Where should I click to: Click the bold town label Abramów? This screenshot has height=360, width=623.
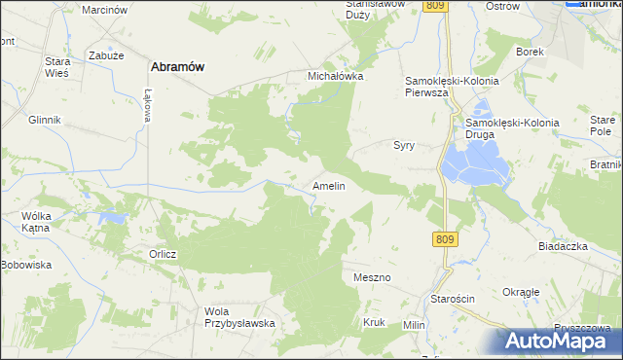coord(176,66)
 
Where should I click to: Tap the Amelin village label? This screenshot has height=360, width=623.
coord(328,185)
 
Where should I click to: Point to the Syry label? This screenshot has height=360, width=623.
coord(404,145)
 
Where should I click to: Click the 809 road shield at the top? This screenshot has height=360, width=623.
coord(435,6)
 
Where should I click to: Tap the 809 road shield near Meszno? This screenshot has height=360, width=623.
coord(445,238)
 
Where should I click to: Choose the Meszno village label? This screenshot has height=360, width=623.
coord(372,277)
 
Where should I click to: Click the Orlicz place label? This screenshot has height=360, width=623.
coord(163,255)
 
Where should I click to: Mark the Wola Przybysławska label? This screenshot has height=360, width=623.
coord(239,317)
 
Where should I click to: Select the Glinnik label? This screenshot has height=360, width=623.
coord(45,119)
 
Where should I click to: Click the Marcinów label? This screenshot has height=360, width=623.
coord(105,9)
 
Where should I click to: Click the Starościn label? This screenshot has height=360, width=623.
coord(454,299)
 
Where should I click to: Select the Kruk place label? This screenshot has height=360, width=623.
coord(374,322)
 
